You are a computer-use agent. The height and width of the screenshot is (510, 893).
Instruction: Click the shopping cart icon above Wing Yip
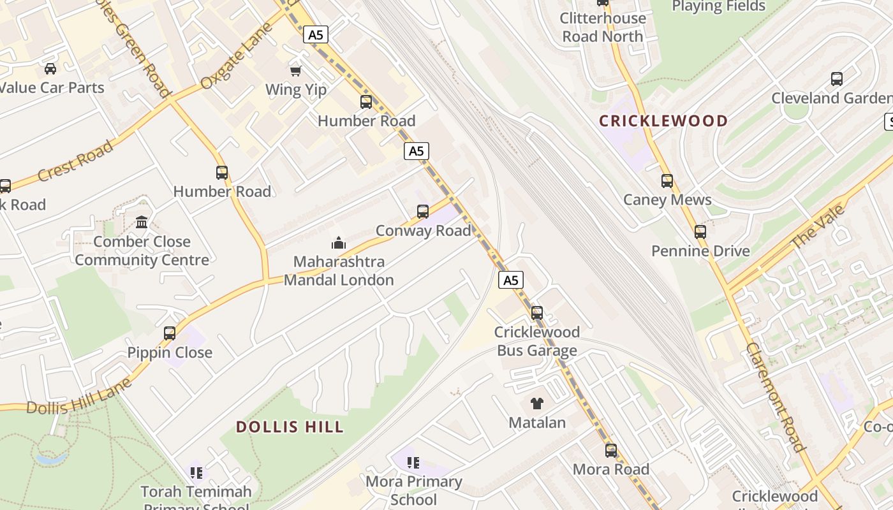point(295,71)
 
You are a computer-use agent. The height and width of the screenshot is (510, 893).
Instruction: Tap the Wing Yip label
point(296,90)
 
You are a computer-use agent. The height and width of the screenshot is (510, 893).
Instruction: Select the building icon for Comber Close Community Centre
point(142,222)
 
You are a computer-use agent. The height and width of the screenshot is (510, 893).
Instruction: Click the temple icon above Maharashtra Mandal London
point(338,243)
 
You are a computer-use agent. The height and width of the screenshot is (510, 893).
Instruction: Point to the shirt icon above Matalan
point(537,404)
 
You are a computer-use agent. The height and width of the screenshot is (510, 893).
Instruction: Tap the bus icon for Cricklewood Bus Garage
point(537,313)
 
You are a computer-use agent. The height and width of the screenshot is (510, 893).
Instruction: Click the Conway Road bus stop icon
point(422,212)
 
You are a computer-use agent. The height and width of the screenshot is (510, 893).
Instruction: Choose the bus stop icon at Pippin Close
point(170,333)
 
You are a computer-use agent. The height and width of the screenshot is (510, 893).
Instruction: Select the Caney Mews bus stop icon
point(667,181)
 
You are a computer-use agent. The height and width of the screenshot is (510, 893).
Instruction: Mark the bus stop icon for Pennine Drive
point(700,232)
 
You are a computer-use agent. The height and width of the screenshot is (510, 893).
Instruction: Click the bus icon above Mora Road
point(611,451)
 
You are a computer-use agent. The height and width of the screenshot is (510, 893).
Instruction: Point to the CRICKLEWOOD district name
point(663,121)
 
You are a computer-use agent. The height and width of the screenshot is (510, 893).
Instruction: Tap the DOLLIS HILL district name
point(290,426)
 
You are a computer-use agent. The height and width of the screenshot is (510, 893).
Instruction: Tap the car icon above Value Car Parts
point(50,69)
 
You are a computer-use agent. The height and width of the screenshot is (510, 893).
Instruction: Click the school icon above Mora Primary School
point(413,463)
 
